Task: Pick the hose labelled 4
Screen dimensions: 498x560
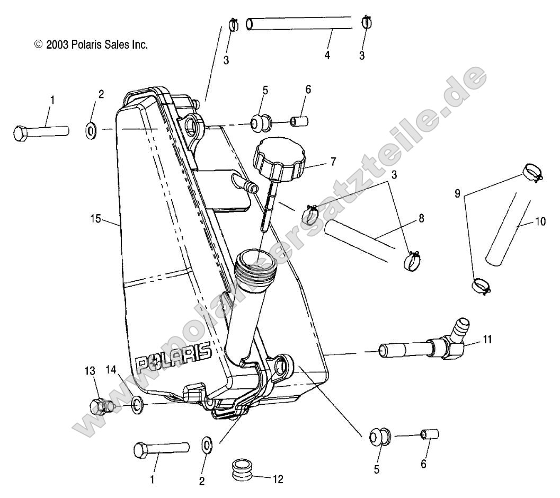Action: coord(299,24)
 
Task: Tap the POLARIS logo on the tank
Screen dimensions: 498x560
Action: coord(173,359)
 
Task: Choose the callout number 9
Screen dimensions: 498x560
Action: coord(458,194)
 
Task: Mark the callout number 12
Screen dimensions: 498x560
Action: coord(278,479)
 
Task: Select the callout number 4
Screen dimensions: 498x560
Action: coord(327,55)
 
